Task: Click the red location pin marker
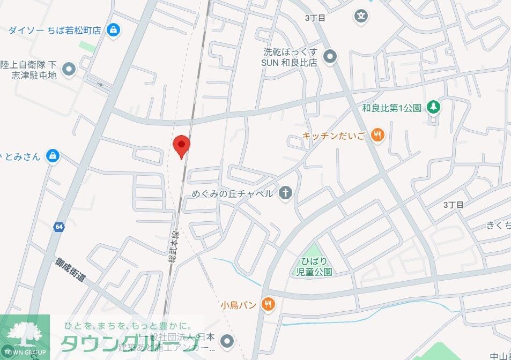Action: pos(181,146)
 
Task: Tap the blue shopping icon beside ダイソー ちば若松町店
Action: pos(113,30)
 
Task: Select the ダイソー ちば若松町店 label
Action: pos(55,30)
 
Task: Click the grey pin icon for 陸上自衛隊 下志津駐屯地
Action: pos(69,69)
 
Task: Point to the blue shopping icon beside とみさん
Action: pos(52,156)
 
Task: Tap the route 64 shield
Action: pos(59,227)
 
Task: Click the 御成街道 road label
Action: pos(70,271)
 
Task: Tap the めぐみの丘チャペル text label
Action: pos(232,193)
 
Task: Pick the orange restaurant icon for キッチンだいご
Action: pos(378,136)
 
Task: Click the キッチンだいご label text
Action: pos(334,136)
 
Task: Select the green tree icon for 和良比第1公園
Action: pos(433,107)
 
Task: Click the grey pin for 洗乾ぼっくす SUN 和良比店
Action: pos(331,56)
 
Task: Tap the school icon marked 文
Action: pos(362,16)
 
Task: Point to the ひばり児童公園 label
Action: pos(314,266)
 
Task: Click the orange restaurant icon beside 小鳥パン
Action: pos(268,305)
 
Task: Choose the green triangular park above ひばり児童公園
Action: pos(313,250)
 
